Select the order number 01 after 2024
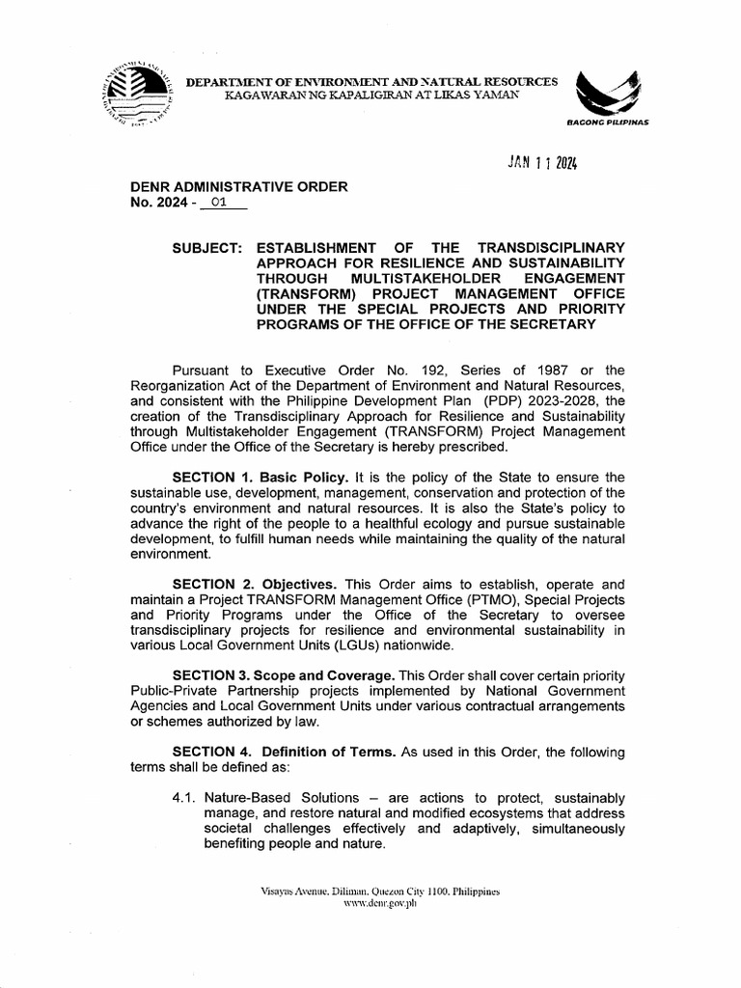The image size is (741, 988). pyautogui.click(x=221, y=204)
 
